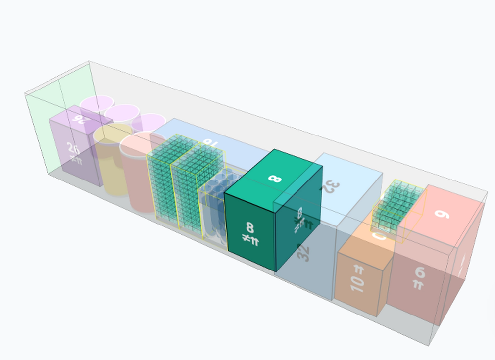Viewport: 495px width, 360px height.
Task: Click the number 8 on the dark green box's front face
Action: pyautogui.click(x=250, y=228)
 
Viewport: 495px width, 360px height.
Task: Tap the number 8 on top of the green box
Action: pyautogui.click(x=274, y=178)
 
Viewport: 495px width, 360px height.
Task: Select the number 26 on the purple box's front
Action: pyautogui.click(x=73, y=148)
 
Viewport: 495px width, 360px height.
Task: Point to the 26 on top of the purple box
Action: pyautogui.click(x=79, y=119)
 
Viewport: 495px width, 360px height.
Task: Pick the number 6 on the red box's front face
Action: pyautogui.click(x=420, y=272)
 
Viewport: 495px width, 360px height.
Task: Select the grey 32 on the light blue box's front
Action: pyautogui.click(x=304, y=252)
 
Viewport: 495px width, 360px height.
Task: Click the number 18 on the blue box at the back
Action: pyautogui.click(x=209, y=144)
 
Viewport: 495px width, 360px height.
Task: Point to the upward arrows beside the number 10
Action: pyautogui.click(x=358, y=270)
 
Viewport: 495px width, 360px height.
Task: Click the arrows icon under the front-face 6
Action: pyautogui.click(x=419, y=285)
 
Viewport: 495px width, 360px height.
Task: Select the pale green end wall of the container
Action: pyautogui.click(x=45, y=124)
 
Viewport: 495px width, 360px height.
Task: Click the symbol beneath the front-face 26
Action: pyautogui.click(x=74, y=159)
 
